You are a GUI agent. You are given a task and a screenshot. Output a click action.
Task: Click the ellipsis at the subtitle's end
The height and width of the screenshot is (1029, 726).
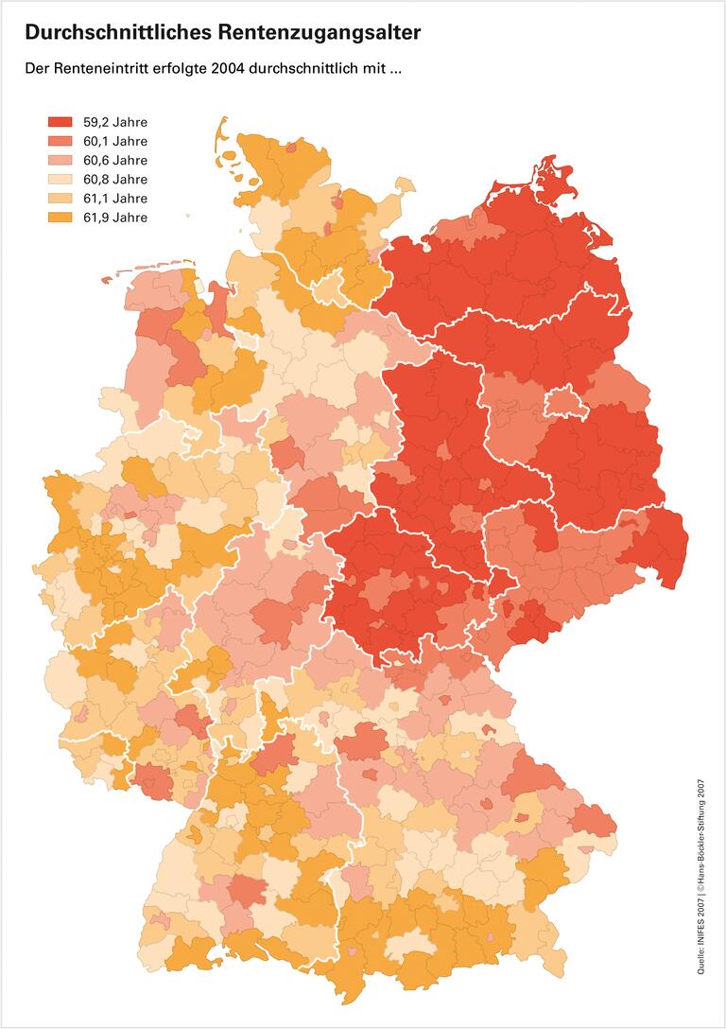(396, 71)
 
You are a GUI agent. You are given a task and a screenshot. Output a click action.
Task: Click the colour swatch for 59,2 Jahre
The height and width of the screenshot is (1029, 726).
(60, 122)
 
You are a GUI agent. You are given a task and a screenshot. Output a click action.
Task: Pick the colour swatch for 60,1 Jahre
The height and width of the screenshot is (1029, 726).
(60, 141)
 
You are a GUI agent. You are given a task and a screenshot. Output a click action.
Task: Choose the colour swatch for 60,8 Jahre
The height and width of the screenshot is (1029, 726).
(60, 180)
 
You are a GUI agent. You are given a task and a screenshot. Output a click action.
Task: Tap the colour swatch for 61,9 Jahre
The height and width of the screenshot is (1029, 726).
(60, 218)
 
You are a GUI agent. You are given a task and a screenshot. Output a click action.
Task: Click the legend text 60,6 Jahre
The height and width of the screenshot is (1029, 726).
(115, 161)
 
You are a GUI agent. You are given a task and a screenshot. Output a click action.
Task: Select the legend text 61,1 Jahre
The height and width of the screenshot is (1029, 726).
(115, 199)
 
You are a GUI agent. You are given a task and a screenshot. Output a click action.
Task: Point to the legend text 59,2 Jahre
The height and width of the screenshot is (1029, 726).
(115, 122)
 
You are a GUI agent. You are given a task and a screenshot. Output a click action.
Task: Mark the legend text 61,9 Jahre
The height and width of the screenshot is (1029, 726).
(115, 218)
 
